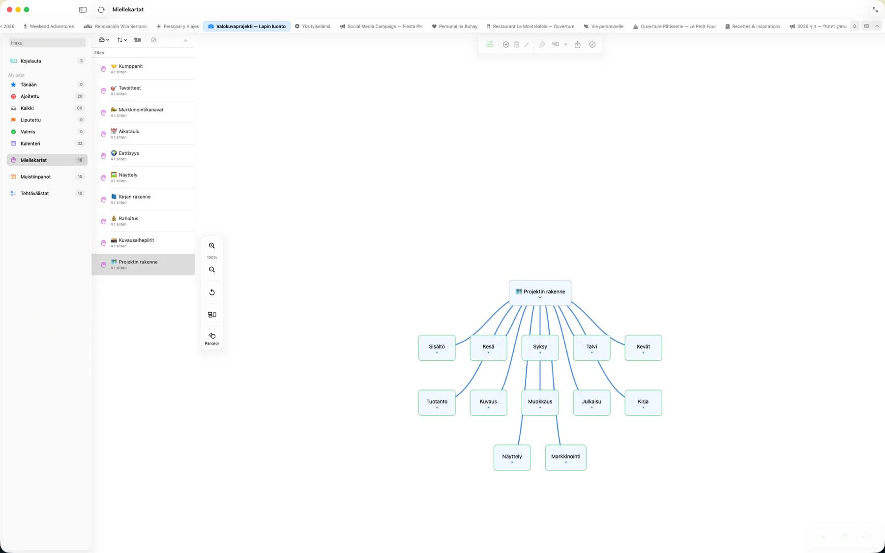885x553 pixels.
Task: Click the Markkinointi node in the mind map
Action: click(x=565, y=458)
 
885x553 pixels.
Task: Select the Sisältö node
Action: click(x=437, y=348)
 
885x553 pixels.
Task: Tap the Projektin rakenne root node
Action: click(x=540, y=293)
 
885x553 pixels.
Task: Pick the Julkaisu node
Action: click(x=591, y=403)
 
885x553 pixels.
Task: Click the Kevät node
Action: click(x=643, y=348)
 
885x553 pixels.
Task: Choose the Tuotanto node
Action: click(x=437, y=403)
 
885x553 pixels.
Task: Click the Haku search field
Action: click(x=47, y=43)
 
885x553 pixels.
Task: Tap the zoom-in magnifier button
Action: click(x=212, y=246)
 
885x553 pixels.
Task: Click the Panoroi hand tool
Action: click(x=212, y=338)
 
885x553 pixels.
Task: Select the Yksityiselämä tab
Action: click(x=313, y=27)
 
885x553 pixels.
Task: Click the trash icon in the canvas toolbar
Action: click(x=516, y=45)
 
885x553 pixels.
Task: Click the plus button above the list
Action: click(x=186, y=40)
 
